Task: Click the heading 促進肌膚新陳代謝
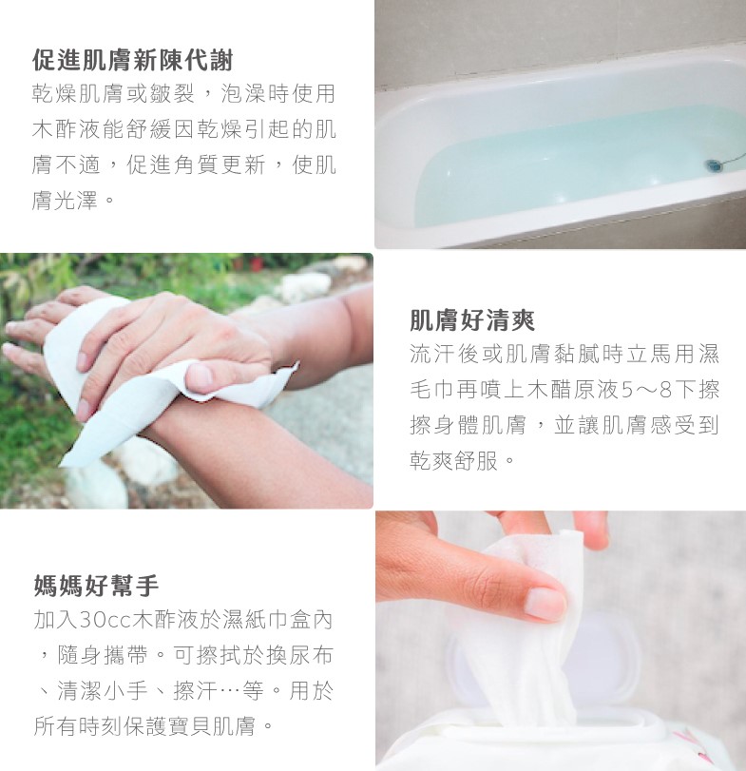(133, 61)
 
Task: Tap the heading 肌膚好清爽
(472, 320)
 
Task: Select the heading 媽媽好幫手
(96, 585)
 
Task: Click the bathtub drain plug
(714, 164)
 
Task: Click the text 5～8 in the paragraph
(647, 390)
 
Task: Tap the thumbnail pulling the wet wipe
(545, 604)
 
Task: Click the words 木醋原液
(572, 390)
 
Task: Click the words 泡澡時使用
(278, 93)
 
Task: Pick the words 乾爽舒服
(454, 461)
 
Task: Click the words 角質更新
(220, 164)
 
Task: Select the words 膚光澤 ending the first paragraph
(65, 201)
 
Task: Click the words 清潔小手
(103, 691)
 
